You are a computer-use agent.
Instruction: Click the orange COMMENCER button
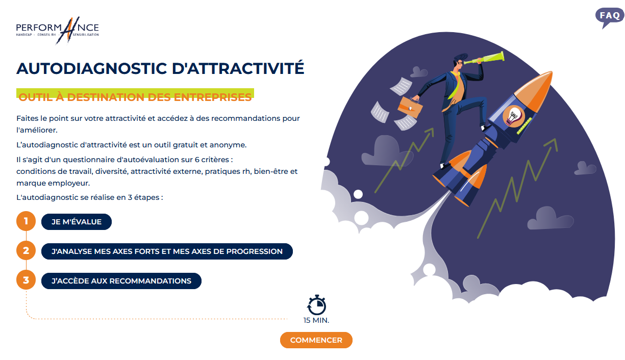tap(316, 340)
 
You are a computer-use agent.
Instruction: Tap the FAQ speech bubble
tap(609, 17)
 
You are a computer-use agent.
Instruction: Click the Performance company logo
tap(58, 30)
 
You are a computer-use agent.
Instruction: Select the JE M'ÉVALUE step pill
tap(77, 222)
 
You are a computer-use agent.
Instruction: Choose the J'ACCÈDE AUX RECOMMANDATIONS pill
tap(121, 281)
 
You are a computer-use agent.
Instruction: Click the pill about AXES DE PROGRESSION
tap(167, 251)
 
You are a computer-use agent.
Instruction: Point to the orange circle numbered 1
tap(26, 221)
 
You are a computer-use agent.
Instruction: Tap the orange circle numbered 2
tap(26, 250)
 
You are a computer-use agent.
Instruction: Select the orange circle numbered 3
tap(26, 280)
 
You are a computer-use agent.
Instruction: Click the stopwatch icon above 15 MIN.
tap(316, 305)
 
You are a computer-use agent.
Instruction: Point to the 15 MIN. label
tap(316, 320)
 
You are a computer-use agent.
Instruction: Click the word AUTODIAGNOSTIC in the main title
tap(92, 69)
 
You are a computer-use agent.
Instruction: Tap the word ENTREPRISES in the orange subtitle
tap(213, 97)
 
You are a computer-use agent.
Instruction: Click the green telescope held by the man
tap(484, 58)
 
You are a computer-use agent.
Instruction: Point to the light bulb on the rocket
tap(513, 115)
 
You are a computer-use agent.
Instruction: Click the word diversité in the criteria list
tap(111, 171)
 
